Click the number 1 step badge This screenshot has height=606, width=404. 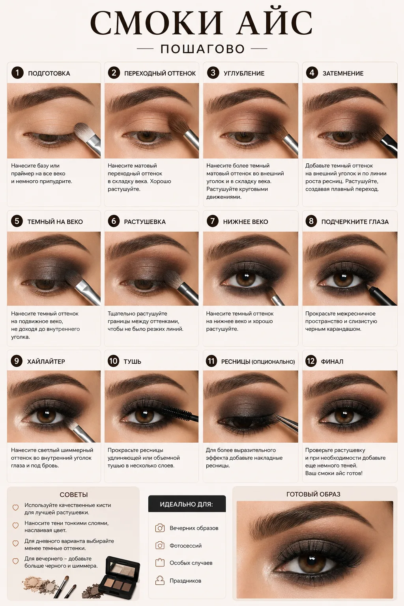coord(18,73)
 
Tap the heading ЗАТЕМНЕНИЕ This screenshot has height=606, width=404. coord(343,73)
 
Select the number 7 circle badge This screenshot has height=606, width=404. coord(213,221)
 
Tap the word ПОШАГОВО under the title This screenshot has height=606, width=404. coord(203,49)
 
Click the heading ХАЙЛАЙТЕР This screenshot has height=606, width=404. coord(46,361)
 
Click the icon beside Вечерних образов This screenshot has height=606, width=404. coord(160,528)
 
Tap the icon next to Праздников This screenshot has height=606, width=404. coord(160,581)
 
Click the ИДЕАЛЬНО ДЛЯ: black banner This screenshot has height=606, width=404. coord(187,504)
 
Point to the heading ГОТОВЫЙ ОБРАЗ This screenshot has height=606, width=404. coord(313,494)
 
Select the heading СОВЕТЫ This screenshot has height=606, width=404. coord(74,494)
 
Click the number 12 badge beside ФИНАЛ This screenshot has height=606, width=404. coord(311,361)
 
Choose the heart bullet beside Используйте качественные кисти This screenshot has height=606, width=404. coord(16,507)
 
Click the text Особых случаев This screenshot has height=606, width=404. coord(191,563)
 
